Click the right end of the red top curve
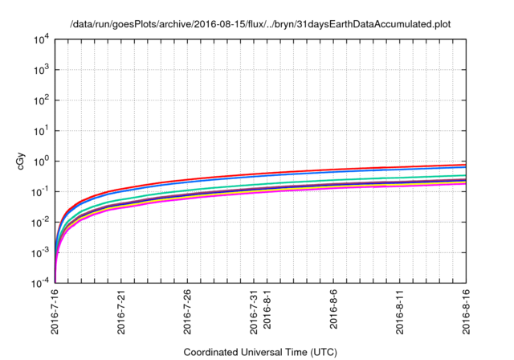(466, 165)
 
